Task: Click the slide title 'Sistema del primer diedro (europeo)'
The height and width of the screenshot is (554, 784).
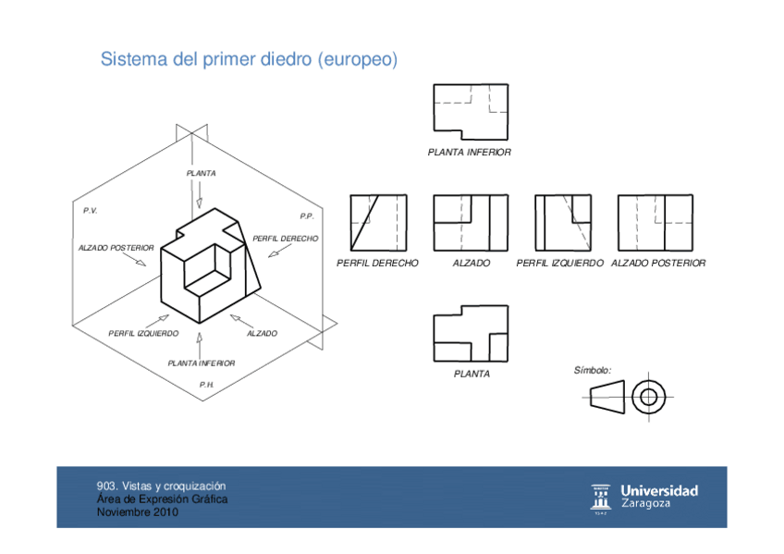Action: [249, 60]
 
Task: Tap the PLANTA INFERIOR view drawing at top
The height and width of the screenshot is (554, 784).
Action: [471, 111]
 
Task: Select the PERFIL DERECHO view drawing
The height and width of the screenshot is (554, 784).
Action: [377, 223]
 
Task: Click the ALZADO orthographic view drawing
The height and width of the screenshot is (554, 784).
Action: [471, 223]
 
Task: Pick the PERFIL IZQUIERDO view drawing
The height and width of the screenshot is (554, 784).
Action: [564, 223]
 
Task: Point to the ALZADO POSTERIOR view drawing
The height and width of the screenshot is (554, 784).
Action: [655, 223]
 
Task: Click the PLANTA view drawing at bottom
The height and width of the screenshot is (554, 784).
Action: [471, 334]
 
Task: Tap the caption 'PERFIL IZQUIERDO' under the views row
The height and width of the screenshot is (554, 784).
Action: [559, 264]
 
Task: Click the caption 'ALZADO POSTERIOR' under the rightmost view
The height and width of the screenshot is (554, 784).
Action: [658, 264]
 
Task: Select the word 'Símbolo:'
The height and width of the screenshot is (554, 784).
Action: [593, 370]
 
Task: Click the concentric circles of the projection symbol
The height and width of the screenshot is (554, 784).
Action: [648, 397]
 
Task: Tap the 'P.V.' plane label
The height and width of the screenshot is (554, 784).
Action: [90, 211]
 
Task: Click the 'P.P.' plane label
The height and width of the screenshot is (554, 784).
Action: [307, 216]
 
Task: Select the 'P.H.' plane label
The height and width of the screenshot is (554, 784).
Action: [207, 383]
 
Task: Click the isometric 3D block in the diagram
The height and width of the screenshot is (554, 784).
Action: [210, 265]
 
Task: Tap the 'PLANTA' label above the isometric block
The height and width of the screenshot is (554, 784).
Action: [201, 173]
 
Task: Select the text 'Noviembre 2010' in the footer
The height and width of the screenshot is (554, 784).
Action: [138, 512]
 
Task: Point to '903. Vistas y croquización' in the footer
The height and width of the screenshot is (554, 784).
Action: [162, 486]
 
